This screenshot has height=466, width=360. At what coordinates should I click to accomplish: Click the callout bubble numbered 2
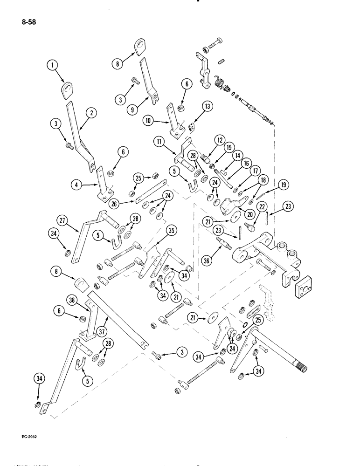(x=91, y=112)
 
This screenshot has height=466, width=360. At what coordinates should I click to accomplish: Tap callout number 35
(x=171, y=230)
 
